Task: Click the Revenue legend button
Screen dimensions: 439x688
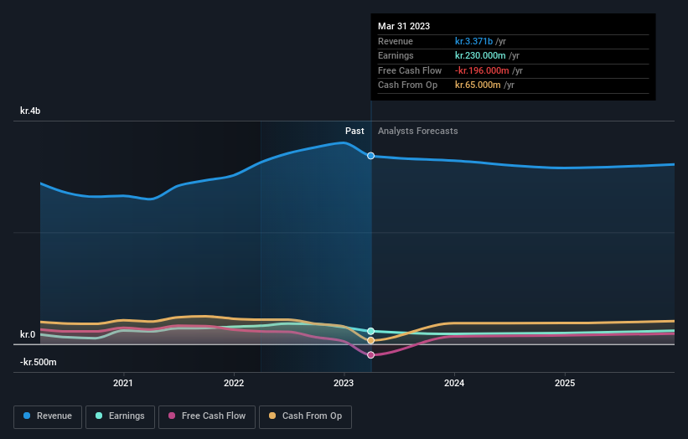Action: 48,416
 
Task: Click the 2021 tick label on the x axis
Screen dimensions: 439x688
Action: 123,384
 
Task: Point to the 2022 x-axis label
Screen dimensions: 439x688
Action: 234,384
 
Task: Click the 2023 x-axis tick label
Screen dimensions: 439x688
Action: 344,384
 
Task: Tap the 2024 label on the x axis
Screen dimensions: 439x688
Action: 454,384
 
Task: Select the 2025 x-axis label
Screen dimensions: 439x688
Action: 565,384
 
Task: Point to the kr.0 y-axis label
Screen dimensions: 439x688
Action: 28,335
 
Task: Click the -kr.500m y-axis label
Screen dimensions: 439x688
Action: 39,362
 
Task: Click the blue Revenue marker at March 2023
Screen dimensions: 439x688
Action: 370,156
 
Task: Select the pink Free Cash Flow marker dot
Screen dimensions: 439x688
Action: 370,354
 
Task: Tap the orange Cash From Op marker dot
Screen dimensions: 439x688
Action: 370,340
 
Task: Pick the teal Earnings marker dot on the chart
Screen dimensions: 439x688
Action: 370,332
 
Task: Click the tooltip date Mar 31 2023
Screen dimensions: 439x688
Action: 404,26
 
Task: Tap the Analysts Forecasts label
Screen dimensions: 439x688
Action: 418,131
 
